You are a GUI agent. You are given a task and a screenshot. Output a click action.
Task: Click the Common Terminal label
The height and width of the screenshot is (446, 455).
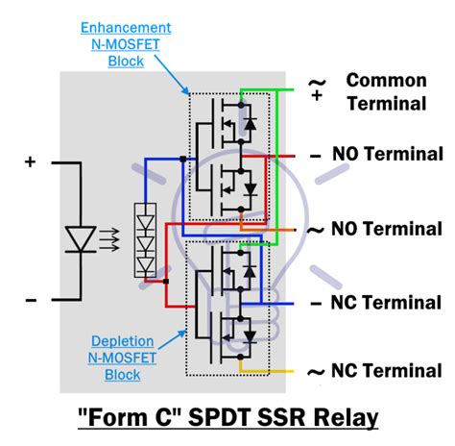[x=386, y=92]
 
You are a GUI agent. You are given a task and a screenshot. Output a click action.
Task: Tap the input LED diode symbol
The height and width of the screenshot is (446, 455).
[x=79, y=233]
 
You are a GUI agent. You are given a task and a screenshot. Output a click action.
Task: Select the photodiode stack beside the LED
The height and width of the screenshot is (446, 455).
[x=145, y=239]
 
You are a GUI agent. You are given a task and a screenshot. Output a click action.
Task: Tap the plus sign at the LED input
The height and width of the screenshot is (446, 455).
[x=30, y=163]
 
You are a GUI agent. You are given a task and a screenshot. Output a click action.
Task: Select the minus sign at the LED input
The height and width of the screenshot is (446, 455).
[x=30, y=300]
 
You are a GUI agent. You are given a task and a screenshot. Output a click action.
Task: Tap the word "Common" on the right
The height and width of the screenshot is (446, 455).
[x=386, y=80]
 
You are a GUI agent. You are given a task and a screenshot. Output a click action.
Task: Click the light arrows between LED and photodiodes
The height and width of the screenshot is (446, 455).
[x=111, y=234]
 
